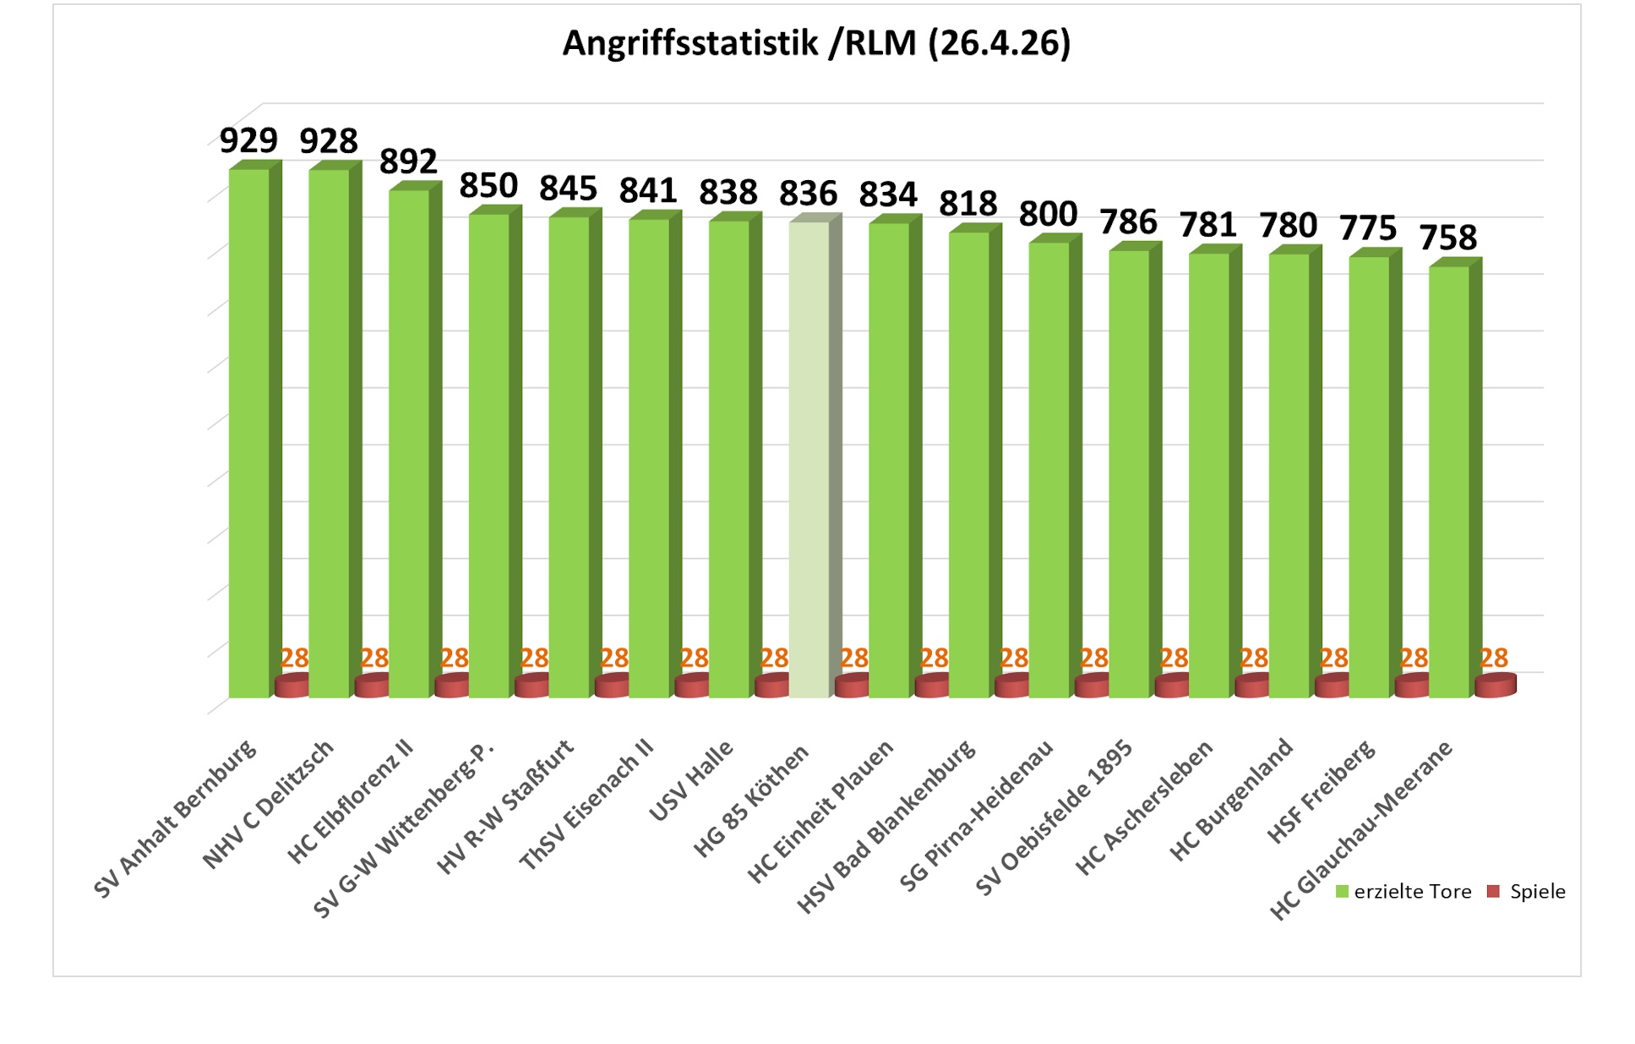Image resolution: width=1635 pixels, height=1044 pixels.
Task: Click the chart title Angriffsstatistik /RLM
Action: click(x=816, y=43)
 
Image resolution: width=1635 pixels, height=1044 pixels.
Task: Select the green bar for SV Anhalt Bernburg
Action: click(x=249, y=431)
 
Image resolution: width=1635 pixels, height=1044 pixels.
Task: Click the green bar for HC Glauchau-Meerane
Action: click(x=1448, y=482)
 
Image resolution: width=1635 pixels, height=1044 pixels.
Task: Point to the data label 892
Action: click(x=408, y=161)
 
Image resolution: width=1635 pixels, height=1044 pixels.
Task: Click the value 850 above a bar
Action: click(x=488, y=186)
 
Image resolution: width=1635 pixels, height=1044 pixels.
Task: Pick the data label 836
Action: click(x=808, y=194)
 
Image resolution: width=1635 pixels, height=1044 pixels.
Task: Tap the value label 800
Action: click(x=1048, y=215)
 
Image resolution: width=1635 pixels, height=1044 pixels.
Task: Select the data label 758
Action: click(x=1447, y=238)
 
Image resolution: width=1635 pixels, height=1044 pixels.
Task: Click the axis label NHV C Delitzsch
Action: click(x=269, y=804)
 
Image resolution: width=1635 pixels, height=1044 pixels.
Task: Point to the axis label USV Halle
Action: click(x=691, y=780)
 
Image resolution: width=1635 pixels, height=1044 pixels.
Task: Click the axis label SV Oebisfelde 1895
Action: click(x=1054, y=817)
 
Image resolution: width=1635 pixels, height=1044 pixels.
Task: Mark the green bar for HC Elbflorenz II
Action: click(x=409, y=444)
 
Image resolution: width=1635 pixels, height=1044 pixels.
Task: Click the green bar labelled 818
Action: click(x=968, y=465)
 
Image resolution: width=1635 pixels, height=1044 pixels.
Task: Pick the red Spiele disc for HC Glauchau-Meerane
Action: click(x=1495, y=686)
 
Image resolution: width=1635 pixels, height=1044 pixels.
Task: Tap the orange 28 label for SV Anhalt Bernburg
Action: click(x=295, y=658)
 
